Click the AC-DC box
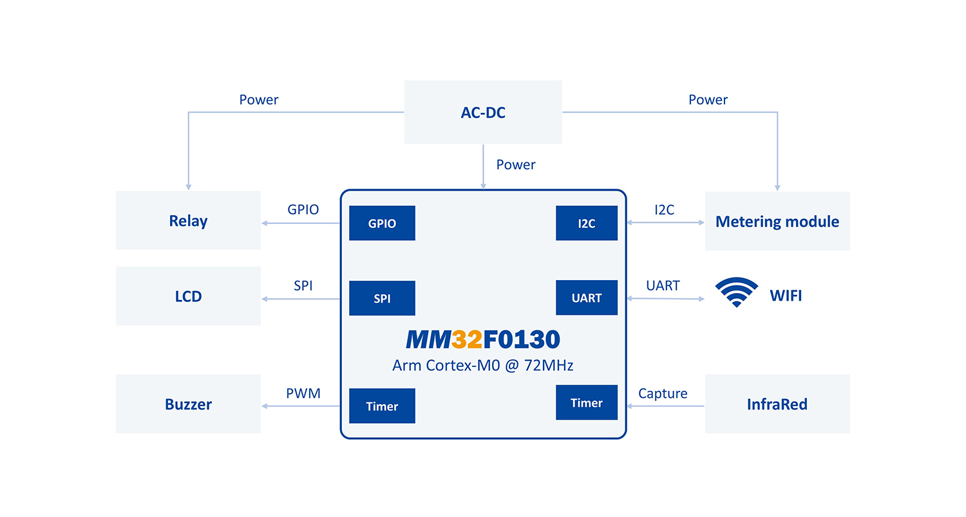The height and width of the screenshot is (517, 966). point(483,112)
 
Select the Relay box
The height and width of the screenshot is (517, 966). point(189,220)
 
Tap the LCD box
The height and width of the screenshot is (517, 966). point(189,296)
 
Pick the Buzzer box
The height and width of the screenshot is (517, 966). point(189,404)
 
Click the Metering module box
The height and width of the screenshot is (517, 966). point(777,221)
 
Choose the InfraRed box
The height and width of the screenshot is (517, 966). point(777,404)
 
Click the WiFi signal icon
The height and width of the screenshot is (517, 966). point(737,292)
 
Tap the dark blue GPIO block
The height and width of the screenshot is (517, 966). point(382,223)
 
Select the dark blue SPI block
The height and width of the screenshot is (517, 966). point(382,298)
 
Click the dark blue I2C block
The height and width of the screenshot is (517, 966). point(587,223)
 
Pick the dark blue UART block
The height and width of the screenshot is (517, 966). point(587,297)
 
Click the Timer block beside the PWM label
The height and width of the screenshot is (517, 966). point(382,406)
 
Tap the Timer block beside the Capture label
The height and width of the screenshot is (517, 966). point(587,402)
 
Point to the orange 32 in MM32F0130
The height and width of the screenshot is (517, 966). point(467,339)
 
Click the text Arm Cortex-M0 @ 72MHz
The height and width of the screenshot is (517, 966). point(482,365)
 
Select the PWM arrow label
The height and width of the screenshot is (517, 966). point(303,393)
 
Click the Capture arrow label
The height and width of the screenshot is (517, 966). point(663,393)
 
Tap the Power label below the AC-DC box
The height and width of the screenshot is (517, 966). point(516,164)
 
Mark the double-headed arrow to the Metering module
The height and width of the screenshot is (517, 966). point(665,223)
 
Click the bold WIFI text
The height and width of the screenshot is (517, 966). point(786,296)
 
